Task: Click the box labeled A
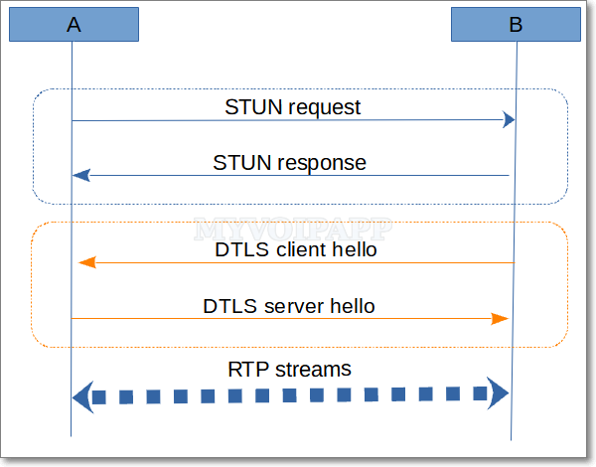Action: [x=74, y=25]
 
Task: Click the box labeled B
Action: [x=516, y=25]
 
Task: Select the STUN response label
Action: [x=290, y=162]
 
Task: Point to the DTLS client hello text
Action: [x=296, y=249]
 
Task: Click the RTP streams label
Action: [x=289, y=370]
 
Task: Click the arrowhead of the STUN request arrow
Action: [x=509, y=120]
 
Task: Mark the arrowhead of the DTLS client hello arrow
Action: [x=86, y=262]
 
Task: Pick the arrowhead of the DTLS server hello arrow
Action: [x=503, y=319]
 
